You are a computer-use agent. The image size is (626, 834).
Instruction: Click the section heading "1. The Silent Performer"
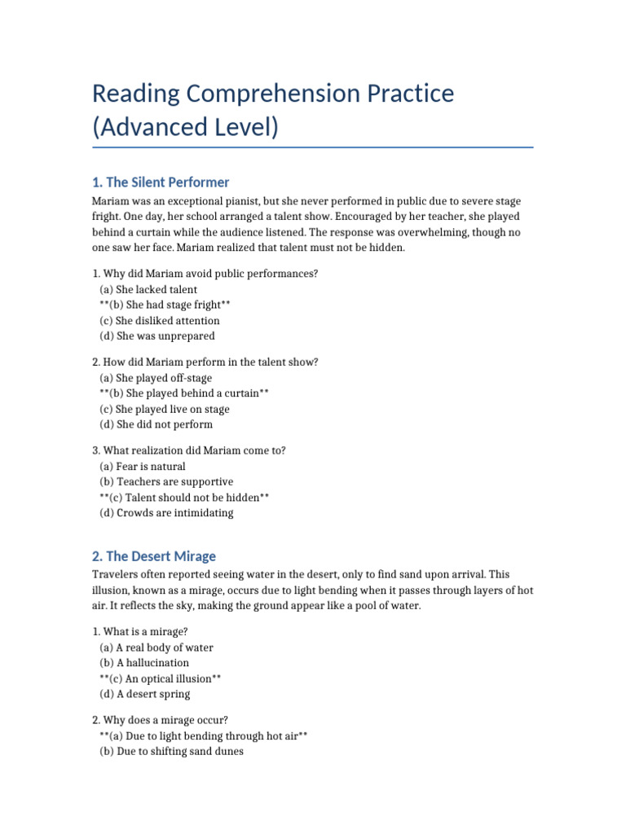(x=161, y=182)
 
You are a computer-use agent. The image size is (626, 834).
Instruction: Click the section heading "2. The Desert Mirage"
(x=154, y=556)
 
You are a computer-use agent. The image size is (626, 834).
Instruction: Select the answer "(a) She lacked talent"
(x=148, y=289)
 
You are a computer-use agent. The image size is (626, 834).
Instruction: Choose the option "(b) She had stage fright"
(x=165, y=305)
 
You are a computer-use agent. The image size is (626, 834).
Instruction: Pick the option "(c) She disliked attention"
(x=160, y=320)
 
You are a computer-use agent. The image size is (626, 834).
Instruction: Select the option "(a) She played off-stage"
(x=156, y=378)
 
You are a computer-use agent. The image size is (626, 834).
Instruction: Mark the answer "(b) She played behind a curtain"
(x=184, y=393)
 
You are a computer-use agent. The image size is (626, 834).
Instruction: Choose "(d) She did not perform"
(x=156, y=424)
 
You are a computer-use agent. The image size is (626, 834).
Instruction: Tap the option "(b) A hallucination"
(x=144, y=663)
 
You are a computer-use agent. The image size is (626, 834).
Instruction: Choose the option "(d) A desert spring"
(x=145, y=694)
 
